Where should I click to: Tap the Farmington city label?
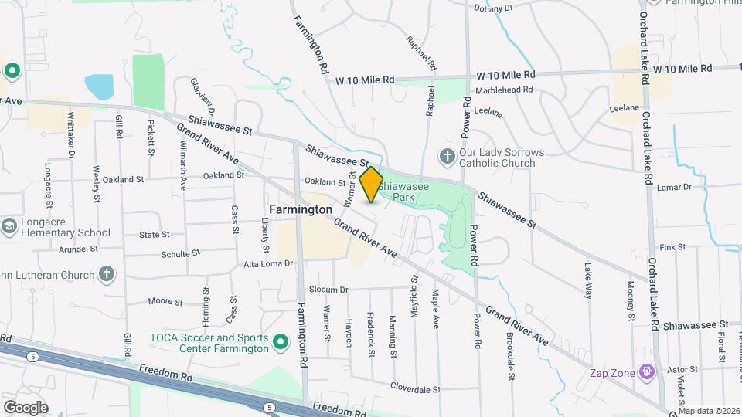coord(301,209)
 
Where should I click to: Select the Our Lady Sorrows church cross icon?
coord(446,158)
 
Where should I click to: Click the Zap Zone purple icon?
coord(647,373)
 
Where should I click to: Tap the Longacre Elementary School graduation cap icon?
coord(9,226)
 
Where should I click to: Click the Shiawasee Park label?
coord(409,192)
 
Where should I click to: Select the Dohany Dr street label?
coord(493,8)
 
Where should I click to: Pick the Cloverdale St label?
coord(415,388)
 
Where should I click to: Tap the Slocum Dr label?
coord(329,290)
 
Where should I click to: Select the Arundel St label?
coord(78,249)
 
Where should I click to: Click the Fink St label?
coord(672,247)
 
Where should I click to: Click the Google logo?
coord(26,408)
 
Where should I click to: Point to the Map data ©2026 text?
coord(710,411)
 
